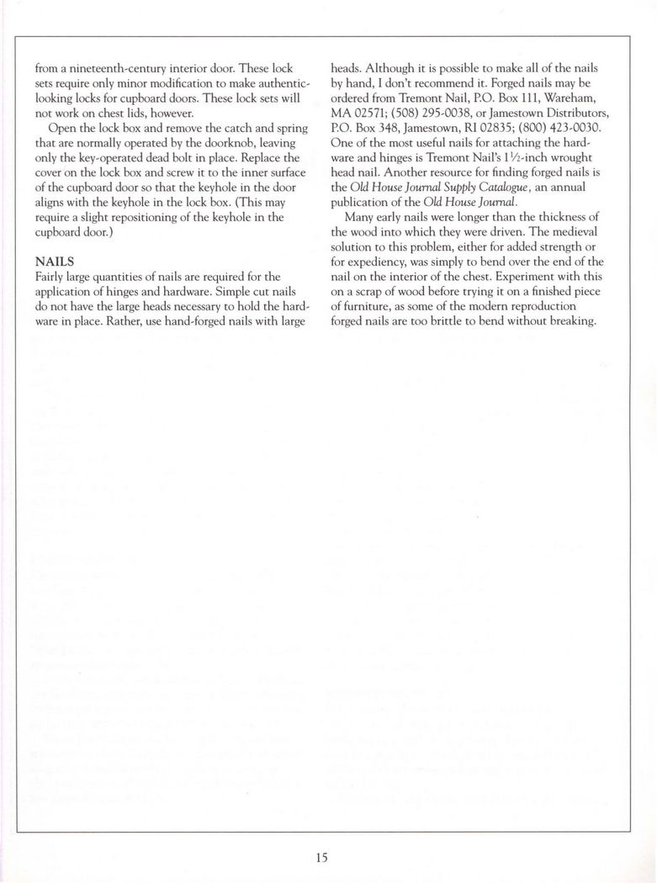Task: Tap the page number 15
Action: [x=322, y=858]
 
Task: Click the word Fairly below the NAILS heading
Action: [x=53, y=276]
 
